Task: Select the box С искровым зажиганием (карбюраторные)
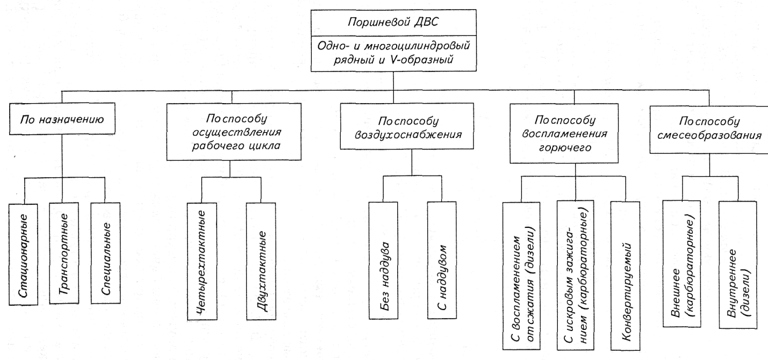(x=575, y=275)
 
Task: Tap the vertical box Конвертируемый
(x=626, y=275)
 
